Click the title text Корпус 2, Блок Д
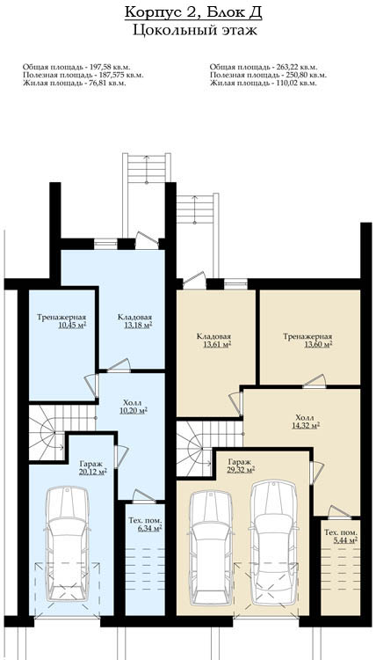point(193,12)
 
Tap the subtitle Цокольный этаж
point(195,31)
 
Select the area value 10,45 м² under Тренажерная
point(72,325)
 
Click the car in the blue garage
point(68,544)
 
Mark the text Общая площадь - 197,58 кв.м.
point(76,67)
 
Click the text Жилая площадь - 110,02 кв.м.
point(263,83)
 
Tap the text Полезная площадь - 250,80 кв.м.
point(268,75)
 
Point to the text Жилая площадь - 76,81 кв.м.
point(75,83)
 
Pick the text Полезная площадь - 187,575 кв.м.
point(83,75)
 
